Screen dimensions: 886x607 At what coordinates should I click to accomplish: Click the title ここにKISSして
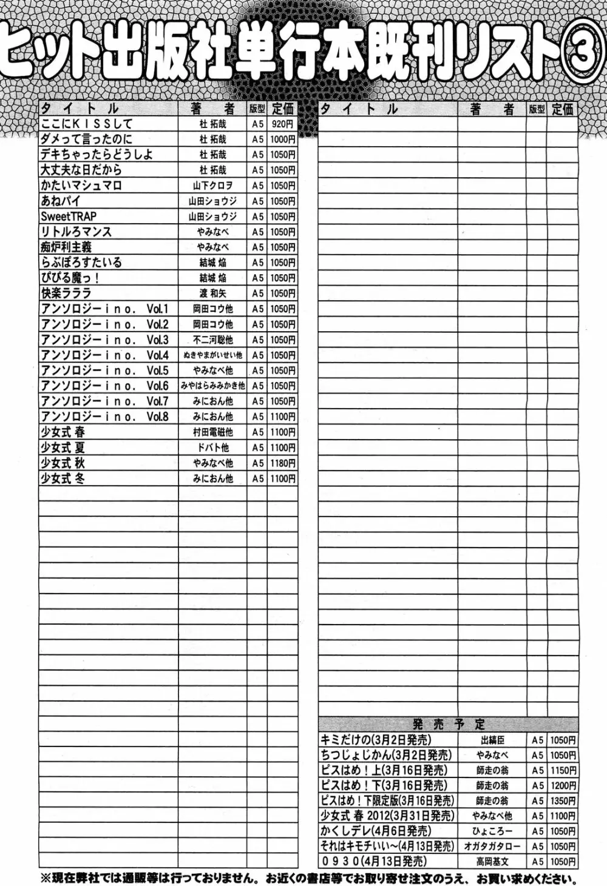[x=86, y=124]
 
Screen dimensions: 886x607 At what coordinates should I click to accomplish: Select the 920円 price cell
[x=282, y=124]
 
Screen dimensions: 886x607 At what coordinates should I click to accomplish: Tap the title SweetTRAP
[x=69, y=216]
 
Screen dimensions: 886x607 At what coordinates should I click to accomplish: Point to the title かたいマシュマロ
[x=81, y=186]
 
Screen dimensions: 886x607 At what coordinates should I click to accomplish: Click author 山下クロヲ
[x=212, y=186]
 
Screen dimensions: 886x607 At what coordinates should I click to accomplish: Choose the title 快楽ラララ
[x=65, y=294]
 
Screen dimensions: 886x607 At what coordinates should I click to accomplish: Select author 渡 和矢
[x=212, y=294]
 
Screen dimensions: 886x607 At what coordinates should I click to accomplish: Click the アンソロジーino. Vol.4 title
[x=104, y=355]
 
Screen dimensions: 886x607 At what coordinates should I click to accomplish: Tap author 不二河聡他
[x=212, y=340]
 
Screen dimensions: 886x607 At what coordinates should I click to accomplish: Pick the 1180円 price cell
[x=282, y=463]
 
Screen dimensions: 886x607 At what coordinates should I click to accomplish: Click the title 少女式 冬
[x=63, y=478]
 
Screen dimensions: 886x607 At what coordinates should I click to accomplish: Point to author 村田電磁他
[x=212, y=432]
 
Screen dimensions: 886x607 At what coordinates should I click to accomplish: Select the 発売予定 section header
[x=449, y=724]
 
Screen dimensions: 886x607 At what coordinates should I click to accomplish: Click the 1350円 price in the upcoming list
[x=563, y=801]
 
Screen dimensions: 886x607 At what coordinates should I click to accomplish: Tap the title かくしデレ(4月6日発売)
[x=376, y=831]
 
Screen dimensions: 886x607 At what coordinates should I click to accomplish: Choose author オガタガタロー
[x=492, y=847]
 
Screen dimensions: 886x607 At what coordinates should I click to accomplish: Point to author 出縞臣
[x=492, y=740]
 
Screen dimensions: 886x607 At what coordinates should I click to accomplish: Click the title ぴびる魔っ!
[x=70, y=278]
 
